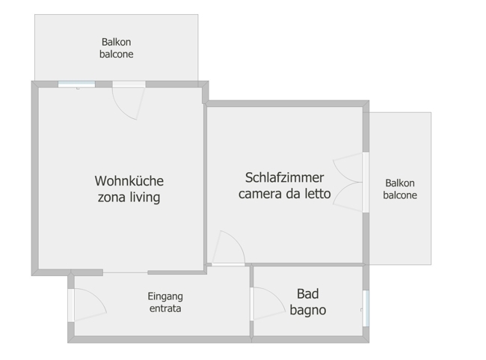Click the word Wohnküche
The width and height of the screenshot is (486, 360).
(x=129, y=181)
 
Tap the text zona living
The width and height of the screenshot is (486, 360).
(x=129, y=198)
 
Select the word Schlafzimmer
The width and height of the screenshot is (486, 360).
(x=284, y=178)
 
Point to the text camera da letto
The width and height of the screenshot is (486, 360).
(x=284, y=195)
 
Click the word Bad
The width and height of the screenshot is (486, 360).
(x=307, y=294)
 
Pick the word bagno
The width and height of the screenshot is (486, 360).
(x=307, y=310)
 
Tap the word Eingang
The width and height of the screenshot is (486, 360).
(x=164, y=296)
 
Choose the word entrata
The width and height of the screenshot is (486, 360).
(x=164, y=308)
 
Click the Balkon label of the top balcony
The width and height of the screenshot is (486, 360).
(x=116, y=43)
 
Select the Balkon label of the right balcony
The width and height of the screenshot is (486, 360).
(x=400, y=183)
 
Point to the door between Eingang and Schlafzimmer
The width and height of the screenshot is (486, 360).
(x=228, y=249)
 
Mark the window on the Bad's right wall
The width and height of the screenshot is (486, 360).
(x=366, y=308)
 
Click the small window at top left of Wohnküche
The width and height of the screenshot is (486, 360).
(x=76, y=84)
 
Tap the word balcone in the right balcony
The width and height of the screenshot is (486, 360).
(x=400, y=195)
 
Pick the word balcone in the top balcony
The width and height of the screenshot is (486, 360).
(x=116, y=55)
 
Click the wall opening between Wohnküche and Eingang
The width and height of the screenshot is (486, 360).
(x=125, y=272)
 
